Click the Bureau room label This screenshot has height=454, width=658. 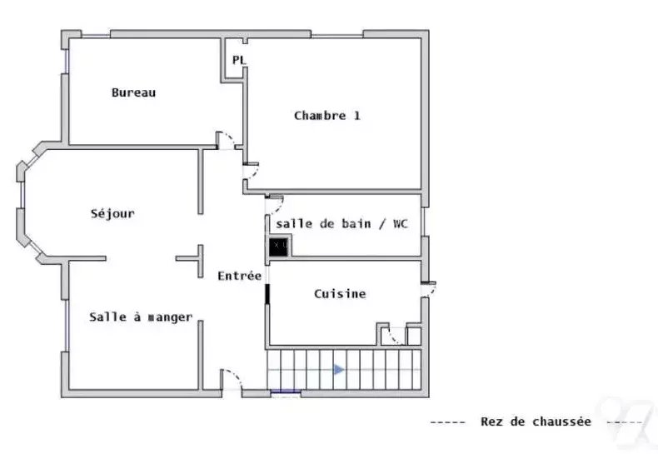coord(133,92)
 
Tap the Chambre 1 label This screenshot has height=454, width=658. coord(327,116)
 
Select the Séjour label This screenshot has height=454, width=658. coord(112,213)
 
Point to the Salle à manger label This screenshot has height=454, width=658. coord(141,317)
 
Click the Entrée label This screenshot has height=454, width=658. coord(240,276)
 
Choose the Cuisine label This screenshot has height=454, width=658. coord(340,294)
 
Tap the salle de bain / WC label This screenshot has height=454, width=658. coord(341,223)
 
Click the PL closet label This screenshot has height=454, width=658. coord(239,60)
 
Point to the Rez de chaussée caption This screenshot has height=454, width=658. coord(536,422)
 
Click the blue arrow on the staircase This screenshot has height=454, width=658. coord(339,370)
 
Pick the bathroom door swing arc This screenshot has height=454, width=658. coord(278,206)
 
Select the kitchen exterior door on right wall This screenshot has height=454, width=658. coord(430,290)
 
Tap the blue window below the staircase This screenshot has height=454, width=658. coord(286,392)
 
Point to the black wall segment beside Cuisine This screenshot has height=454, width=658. coord(267,293)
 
